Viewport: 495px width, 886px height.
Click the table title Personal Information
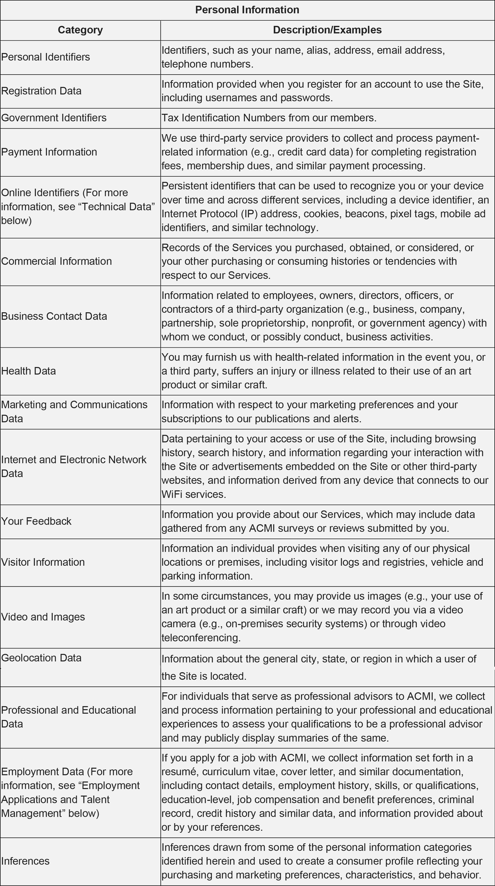[247, 10]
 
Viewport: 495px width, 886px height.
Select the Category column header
[80, 30]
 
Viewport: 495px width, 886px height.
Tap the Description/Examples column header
[327, 30]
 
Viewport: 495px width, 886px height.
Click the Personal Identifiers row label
[45, 57]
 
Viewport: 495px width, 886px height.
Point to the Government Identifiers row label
[54, 118]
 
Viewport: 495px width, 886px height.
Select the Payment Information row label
[49, 152]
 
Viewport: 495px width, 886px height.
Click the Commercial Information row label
[56, 262]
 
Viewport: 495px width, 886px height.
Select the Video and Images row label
[43, 617]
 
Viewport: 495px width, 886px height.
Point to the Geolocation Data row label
[41, 658]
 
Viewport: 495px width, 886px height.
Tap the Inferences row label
[25, 861]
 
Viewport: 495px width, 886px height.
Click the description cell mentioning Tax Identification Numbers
[269, 118]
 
